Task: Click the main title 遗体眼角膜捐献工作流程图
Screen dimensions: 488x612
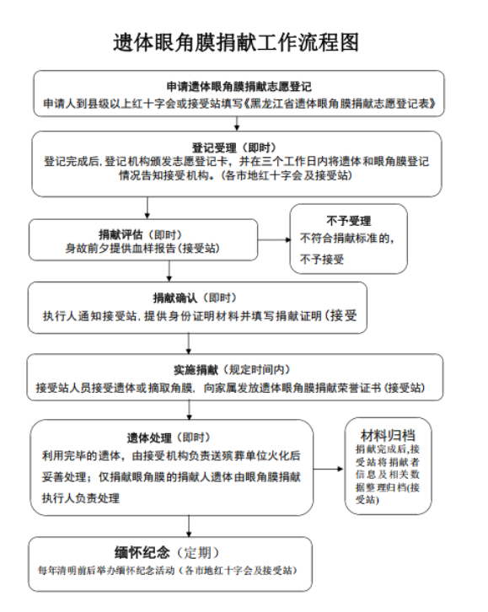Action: point(236,42)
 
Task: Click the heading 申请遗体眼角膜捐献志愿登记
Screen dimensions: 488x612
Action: point(239,87)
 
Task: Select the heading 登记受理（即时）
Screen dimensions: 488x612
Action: point(233,148)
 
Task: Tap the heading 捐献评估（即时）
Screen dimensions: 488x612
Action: point(141,234)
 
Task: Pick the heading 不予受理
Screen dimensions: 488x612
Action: point(348,221)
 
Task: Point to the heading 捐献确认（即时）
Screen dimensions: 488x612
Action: point(195,298)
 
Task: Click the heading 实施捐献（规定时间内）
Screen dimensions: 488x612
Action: point(232,369)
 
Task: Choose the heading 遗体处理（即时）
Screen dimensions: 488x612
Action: point(169,438)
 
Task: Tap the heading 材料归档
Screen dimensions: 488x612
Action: point(388,435)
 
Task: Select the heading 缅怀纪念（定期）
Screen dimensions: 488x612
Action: point(167,552)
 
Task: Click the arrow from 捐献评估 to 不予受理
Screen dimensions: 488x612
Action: point(274,239)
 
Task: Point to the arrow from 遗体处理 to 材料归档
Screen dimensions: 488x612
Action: point(329,469)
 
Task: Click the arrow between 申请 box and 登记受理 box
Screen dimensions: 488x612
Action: point(237,123)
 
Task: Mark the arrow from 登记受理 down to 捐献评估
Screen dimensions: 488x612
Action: point(147,207)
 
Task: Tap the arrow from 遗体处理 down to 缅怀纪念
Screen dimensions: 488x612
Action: point(189,526)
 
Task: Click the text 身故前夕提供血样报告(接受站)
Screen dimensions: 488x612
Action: point(142,248)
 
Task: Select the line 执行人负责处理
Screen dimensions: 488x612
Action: point(81,498)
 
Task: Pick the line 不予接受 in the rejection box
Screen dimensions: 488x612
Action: point(322,259)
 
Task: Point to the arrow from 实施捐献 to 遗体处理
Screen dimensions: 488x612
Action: point(189,411)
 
